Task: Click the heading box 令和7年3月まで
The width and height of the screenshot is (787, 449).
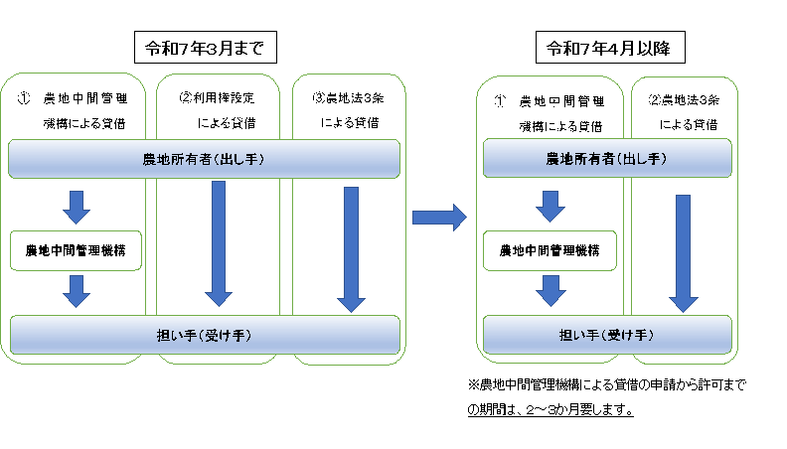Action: tap(206, 47)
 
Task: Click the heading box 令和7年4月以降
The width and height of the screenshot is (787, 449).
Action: tap(610, 47)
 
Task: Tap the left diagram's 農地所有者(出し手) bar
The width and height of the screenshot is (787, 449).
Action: tap(204, 159)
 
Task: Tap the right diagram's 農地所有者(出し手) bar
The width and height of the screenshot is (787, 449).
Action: tap(607, 158)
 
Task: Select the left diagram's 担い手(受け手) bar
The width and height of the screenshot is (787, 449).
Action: tap(205, 335)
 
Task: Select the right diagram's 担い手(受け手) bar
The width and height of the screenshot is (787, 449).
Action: tap(607, 335)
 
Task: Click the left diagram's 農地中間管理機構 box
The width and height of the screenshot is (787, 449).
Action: tap(76, 250)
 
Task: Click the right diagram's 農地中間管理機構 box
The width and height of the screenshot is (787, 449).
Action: tap(550, 250)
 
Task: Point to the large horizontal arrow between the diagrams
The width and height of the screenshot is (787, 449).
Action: tap(439, 218)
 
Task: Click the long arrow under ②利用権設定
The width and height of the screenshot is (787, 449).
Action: tap(219, 243)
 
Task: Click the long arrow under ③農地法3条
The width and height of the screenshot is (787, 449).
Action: tap(351, 250)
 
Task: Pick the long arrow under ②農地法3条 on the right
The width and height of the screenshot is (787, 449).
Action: tap(683, 254)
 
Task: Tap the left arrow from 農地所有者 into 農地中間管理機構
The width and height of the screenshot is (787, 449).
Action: tap(77, 208)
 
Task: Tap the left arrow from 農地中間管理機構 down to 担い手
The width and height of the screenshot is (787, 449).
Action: tap(77, 291)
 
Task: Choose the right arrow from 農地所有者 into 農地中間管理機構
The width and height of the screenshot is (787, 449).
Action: tap(551, 207)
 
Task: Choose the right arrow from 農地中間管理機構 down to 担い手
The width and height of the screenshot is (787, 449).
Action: tap(551, 290)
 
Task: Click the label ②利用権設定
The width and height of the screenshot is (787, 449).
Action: tap(217, 97)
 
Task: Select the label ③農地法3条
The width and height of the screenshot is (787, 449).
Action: tap(349, 97)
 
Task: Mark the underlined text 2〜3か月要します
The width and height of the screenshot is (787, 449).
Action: tap(579, 410)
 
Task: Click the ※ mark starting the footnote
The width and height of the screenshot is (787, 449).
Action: tap(474, 384)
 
